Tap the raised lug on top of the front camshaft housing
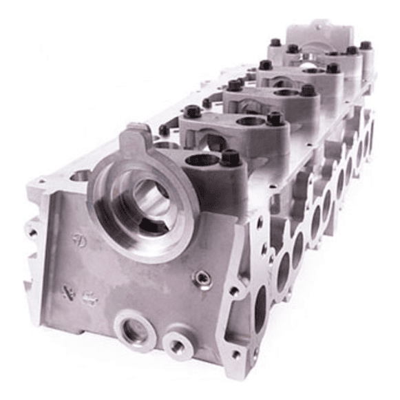[136, 137]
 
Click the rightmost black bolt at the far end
[365, 46]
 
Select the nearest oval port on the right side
[260, 306]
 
